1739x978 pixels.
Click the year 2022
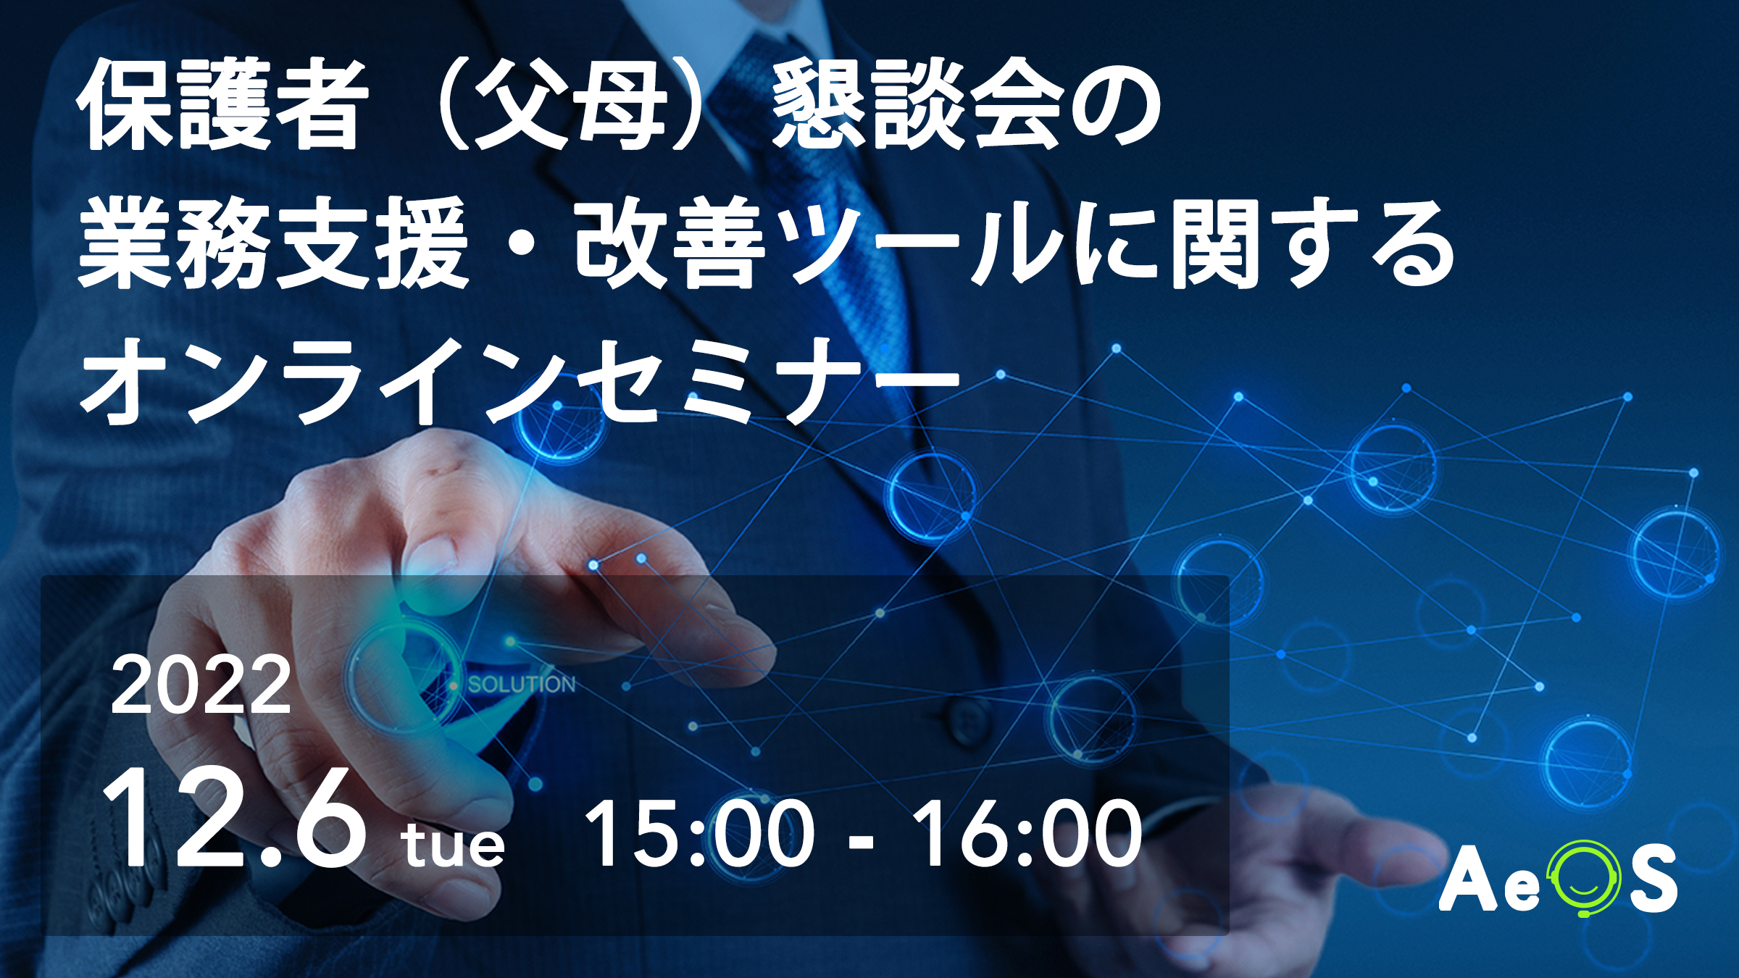pos(201,685)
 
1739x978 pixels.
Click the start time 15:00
pos(699,834)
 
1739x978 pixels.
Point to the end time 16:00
pos(1025,834)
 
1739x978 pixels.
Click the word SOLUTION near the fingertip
pos(522,685)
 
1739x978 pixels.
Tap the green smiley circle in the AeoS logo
pos(1584,879)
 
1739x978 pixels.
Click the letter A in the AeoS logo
pos(1468,878)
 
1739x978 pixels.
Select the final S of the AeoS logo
pos(1653,879)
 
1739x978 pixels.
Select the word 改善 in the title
pos(670,243)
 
